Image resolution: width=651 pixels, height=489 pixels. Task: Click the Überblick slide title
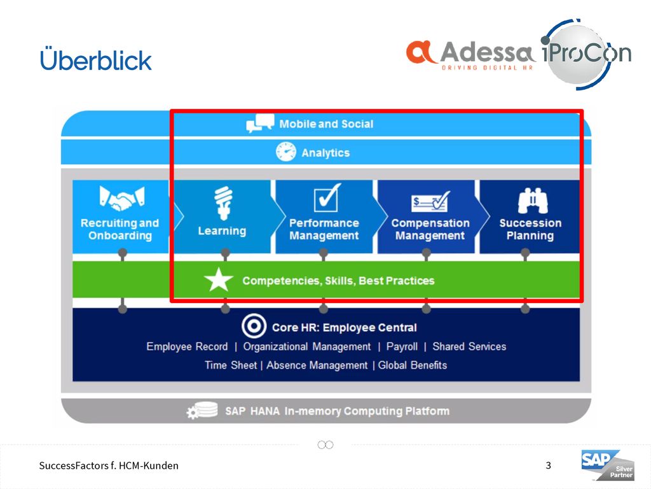(96, 59)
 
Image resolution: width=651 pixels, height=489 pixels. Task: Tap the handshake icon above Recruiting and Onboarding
(121, 197)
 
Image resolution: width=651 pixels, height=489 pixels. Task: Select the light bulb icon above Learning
(223, 203)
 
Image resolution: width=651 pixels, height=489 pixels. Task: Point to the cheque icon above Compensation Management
(430, 202)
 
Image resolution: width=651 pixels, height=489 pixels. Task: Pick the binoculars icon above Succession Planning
(533, 201)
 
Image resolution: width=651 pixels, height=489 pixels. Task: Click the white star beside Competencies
(219, 280)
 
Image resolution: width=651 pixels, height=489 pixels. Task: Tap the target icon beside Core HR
(254, 327)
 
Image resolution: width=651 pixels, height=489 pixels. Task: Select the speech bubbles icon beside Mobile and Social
(260, 123)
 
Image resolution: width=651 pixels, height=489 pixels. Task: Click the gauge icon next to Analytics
(286, 152)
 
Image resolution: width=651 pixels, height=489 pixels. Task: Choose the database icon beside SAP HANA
(202, 411)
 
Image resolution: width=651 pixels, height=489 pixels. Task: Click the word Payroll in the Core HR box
(402, 346)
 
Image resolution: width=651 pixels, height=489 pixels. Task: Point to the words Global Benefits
(412, 365)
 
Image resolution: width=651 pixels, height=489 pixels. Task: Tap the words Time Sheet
(231, 365)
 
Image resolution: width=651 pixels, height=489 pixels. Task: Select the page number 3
(549, 465)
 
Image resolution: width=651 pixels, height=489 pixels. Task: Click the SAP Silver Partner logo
(608, 465)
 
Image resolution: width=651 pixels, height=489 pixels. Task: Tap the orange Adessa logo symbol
(421, 52)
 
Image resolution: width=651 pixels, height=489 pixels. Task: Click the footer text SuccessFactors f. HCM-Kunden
(109, 465)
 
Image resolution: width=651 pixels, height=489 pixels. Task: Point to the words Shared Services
(469, 346)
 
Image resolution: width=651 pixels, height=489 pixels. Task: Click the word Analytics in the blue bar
(325, 153)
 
